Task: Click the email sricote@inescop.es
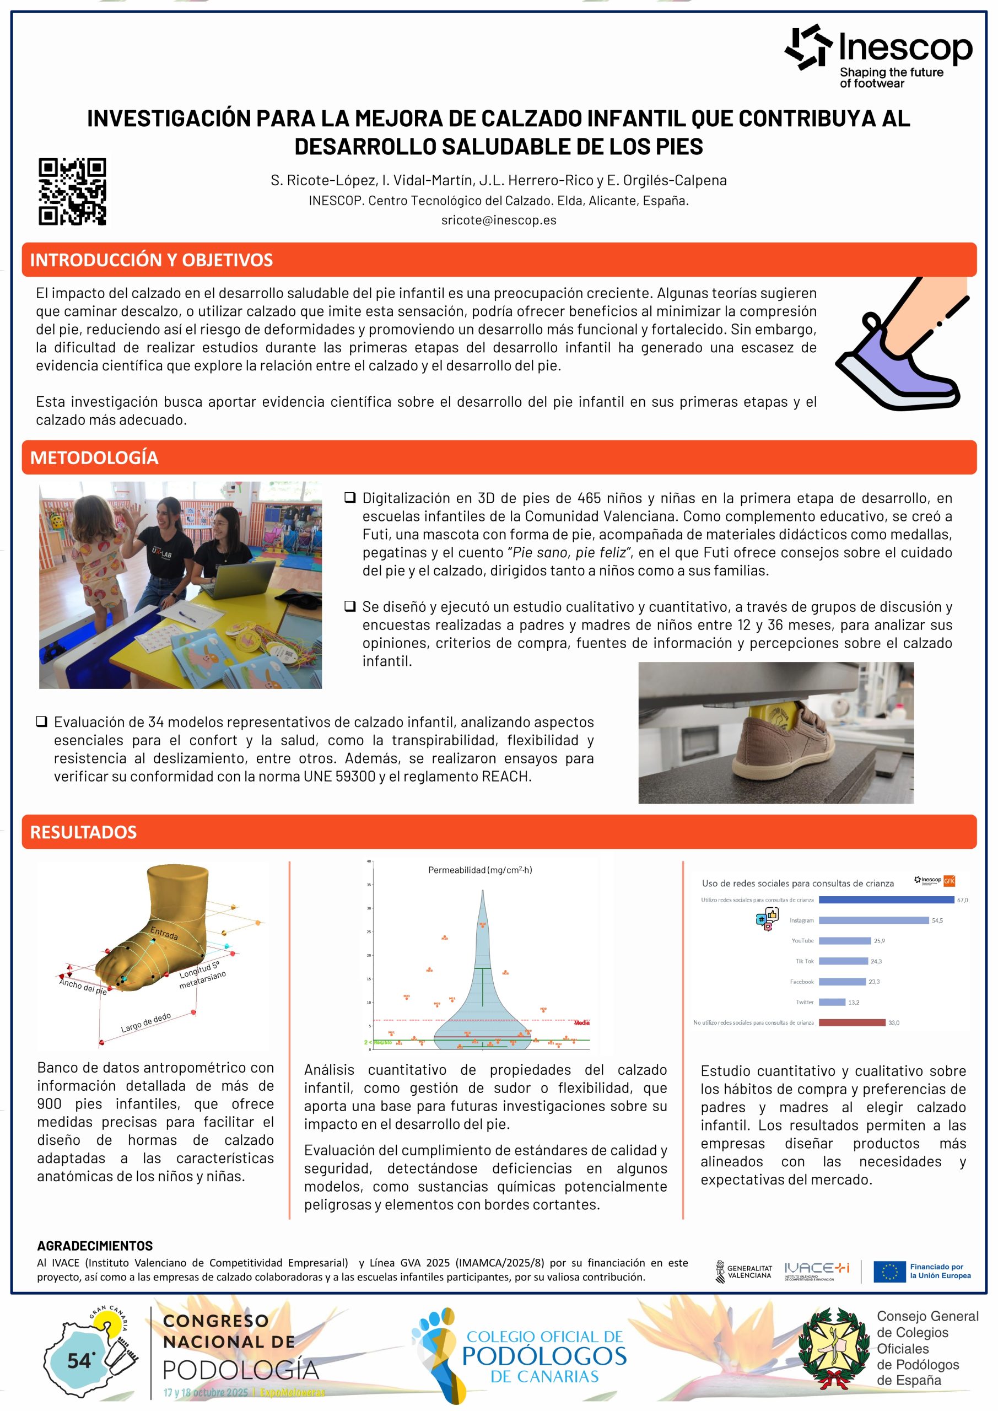coord(498,220)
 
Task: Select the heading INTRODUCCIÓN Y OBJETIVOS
coord(151,260)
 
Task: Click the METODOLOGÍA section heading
coord(94,457)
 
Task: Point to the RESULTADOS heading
coord(84,832)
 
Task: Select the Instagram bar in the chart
coord(873,920)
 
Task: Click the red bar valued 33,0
coord(852,1022)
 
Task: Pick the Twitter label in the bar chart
coord(805,1003)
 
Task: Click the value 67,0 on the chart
coord(962,900)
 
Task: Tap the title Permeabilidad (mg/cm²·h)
coord(480,870)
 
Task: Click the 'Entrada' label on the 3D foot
coord(164,934)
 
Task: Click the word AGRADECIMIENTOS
coord(95,1246)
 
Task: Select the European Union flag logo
coord(889,1272)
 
